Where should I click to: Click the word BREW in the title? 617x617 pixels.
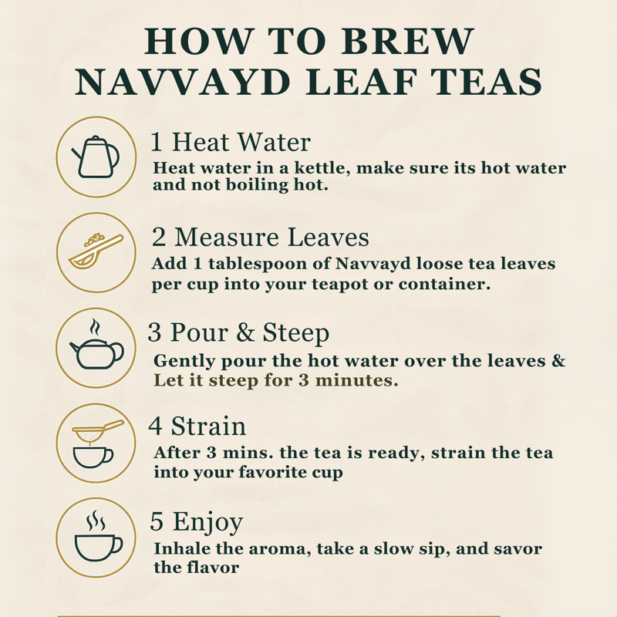[407, 41]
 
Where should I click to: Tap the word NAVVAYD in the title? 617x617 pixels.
[183, 83]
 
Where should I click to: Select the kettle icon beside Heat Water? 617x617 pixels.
[96, 157]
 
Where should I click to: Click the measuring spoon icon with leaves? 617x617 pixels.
[96, 251]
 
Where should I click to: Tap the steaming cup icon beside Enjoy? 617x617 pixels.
[99, 536]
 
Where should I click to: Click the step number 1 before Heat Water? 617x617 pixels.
[157, 142]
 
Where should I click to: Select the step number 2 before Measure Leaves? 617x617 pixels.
[159, 238]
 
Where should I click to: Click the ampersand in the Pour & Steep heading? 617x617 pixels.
[245, 332]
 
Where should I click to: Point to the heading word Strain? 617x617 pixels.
[208, 427]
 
